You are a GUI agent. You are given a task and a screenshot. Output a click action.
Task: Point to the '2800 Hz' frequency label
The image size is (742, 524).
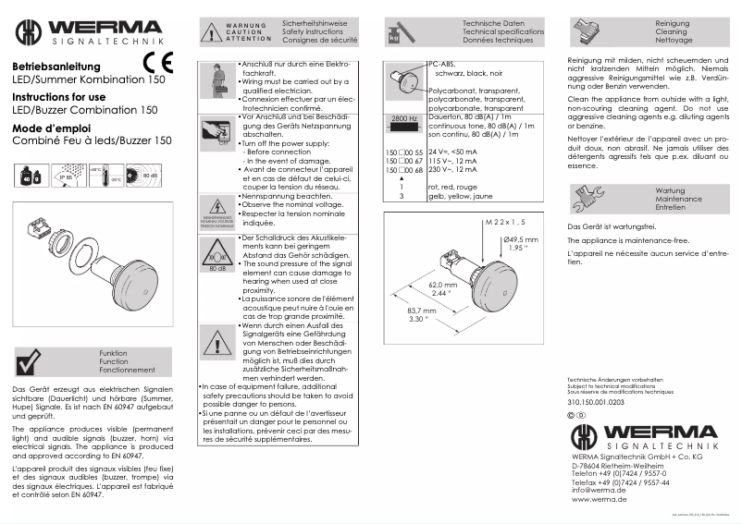click(x=404, y=120)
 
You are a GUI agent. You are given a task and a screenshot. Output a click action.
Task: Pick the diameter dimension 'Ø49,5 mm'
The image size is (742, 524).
click(x=521, y=239)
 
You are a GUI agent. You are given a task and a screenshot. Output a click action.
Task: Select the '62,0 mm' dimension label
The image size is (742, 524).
click(x=444, y=286)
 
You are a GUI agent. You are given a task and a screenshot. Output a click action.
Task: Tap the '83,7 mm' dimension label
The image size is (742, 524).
click(x=422, y=311)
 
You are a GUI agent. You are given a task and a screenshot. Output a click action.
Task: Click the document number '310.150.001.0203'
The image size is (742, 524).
click(x=596, y=403)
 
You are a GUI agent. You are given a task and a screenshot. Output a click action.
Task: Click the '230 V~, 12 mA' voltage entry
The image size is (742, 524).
click(x=453, y=171)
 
